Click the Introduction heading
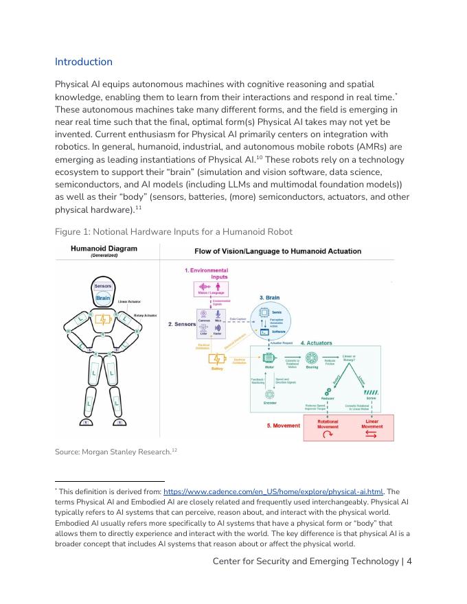(x=83, y=62)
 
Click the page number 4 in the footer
(x=409, y=561)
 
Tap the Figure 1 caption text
(x=173, y=231)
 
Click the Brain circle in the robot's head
(x=103, y=298)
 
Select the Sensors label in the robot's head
(x=103, y=286)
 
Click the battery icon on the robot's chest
(x=103, y=319)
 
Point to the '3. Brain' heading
(x=269, y=298)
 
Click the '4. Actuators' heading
(x=316, y=342)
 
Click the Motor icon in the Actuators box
(x=269, y=358)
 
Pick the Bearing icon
(x=311, y=358)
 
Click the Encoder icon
(x=270, y=395)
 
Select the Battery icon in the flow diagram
(x=217, y=359)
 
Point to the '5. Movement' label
(x=283, y=426)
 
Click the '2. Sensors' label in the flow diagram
(x=181, y=324)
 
